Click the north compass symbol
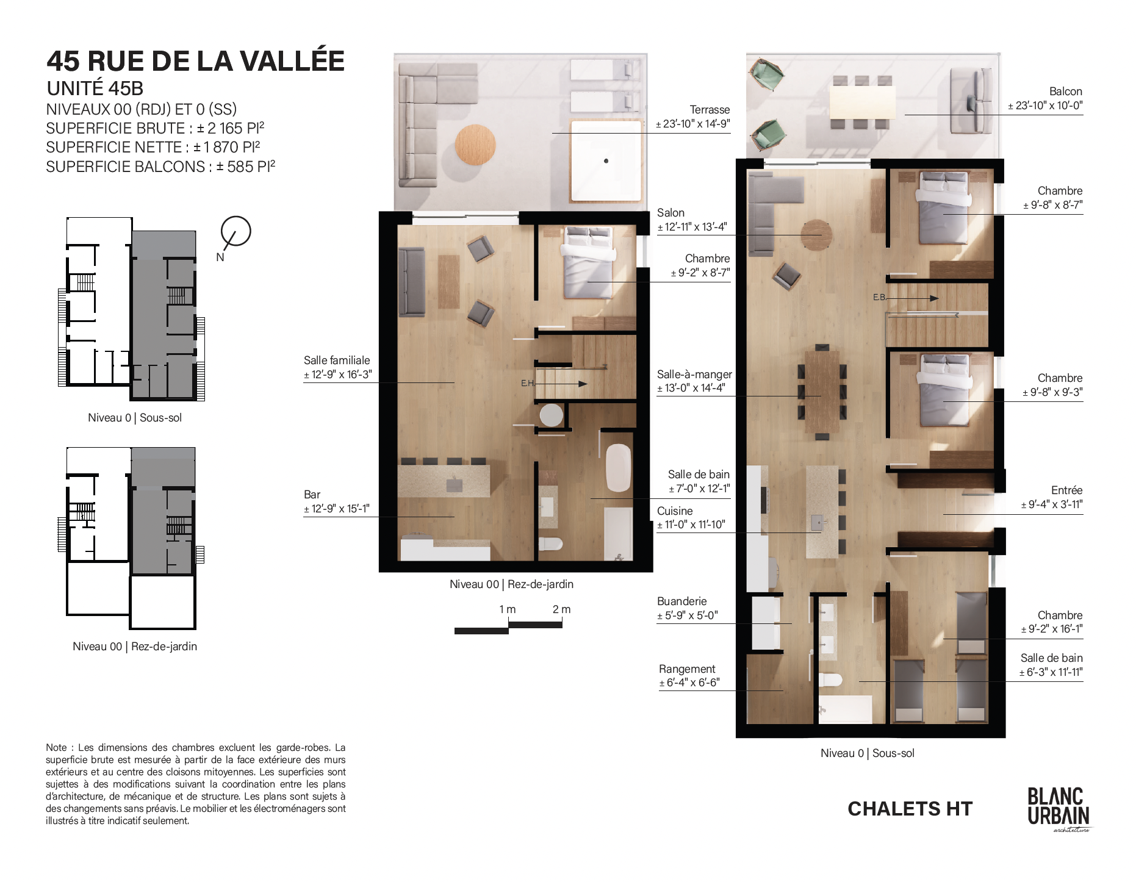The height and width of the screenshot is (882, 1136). (x=235, y=232)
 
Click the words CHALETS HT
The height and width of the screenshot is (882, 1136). (x=910, y=809)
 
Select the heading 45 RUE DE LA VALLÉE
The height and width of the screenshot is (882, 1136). (x=196, y=60)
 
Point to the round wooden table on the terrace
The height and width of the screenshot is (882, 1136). (x=475, y=145)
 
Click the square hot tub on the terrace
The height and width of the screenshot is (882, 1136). (x=606, y=160)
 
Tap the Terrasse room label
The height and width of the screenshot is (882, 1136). (x=710, y=110)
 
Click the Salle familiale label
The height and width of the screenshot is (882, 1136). (x=337, y=360)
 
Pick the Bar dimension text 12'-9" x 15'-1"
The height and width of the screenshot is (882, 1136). (x=337, y=509)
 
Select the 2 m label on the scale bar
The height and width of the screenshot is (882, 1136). (x=561, y=609)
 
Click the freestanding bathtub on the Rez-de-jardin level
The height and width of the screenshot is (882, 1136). (x=618, y=468)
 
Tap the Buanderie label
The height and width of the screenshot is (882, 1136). (x=681, y=601)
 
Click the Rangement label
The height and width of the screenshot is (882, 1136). (x=687, y=669)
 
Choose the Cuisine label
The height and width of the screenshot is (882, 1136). (x=675, y=511)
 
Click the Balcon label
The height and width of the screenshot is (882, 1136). (x=1065, y=91)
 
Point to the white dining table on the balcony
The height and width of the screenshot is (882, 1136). (x=862, y=102)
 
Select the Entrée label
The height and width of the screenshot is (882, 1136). (x=1066, y=490)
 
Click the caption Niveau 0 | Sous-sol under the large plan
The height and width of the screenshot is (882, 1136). (x=867, y=753)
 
